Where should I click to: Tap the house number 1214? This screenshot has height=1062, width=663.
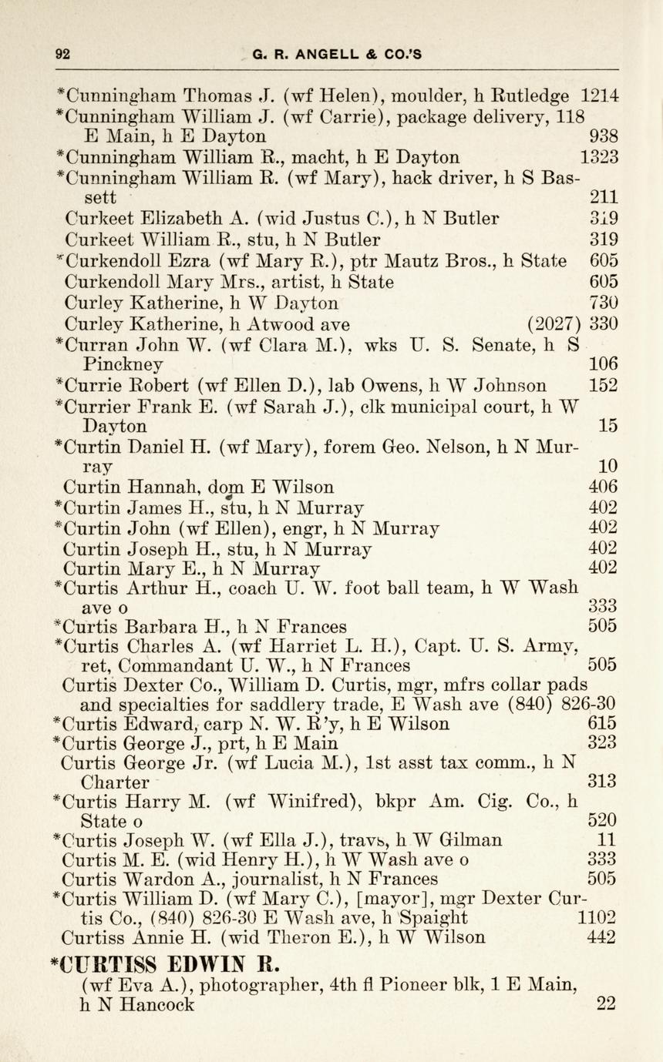(600, 96)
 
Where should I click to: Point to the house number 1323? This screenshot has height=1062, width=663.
(599, 157)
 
